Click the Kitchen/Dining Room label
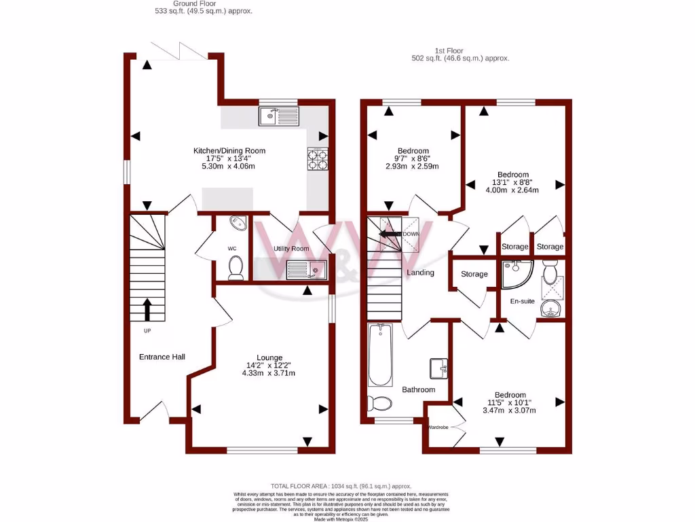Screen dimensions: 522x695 pos(229,150)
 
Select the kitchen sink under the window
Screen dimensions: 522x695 pos(278,117)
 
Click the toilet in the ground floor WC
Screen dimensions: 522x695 pos(236,268)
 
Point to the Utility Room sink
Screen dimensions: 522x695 pos(307,270)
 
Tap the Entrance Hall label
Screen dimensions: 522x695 pos(162,357)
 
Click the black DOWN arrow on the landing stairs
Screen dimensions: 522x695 pos(390,234)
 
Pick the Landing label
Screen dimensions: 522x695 pos(420,273)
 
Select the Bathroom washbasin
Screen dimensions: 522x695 pos(438,368)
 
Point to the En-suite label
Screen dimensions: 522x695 pos(523,301)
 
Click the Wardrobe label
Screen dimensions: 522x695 pos(439,428)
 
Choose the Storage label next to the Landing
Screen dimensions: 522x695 pos(474,274)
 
